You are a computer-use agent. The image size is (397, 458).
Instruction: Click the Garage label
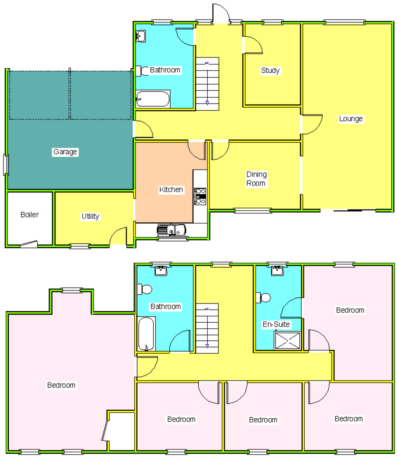coord(65,152)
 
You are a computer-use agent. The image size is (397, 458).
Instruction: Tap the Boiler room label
coord(29,214)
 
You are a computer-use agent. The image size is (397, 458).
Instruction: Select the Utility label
coord(90,216)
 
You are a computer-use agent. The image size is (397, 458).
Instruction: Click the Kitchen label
coord(171,189)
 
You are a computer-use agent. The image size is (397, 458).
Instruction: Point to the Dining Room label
coord(257,179)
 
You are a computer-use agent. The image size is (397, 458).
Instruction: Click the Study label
coord(270,71)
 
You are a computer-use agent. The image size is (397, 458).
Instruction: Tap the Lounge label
coord(351,119)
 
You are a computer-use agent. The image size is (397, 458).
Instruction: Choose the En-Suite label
coord(276,324)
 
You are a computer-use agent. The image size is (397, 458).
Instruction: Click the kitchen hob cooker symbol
coord(200,196)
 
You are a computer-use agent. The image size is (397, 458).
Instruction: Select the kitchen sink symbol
coord(171,230)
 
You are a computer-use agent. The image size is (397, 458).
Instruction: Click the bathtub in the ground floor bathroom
coord(153,99)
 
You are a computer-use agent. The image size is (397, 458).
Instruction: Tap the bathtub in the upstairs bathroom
coord(146,334)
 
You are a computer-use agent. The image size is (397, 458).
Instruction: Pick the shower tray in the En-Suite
coord(288,341)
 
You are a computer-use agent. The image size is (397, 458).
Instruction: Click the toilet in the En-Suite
coord(263,298)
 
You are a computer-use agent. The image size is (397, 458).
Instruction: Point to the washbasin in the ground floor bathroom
coord(141,36)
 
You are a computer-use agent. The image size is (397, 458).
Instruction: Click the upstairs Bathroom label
coord(166,306)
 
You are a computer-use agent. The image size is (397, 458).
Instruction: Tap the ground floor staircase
coord(207,84)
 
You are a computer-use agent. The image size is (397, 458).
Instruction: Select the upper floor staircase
coord(207,328)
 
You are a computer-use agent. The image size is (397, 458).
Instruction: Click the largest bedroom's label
coord(61,385)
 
